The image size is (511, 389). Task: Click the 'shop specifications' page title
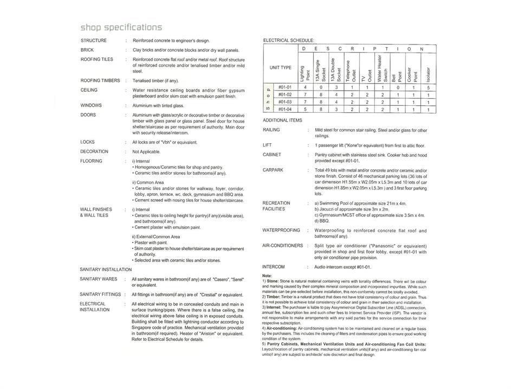[121, 27]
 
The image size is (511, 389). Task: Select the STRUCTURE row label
[94, 41]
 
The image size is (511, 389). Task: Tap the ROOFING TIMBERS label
[100, 80]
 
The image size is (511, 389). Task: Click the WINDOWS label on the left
[92, 105]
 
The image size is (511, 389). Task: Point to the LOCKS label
[88, 142]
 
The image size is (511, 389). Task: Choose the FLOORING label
[91, 161]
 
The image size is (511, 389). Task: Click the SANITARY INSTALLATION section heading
[106, 269]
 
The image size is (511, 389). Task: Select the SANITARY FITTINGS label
[100, 295]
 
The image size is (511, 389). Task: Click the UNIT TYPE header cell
[281, 68]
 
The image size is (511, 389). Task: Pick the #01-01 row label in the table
[285, 87]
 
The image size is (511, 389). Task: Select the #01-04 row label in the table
[285, 109]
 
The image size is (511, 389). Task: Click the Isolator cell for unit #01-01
[428, 87]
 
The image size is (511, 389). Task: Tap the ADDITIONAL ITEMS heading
[282, 120]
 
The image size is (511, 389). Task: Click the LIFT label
[267, 145]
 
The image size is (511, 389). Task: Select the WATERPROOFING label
[281, 230]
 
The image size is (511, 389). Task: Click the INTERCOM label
[274, 267]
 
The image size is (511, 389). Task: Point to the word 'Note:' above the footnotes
[267, 276]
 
